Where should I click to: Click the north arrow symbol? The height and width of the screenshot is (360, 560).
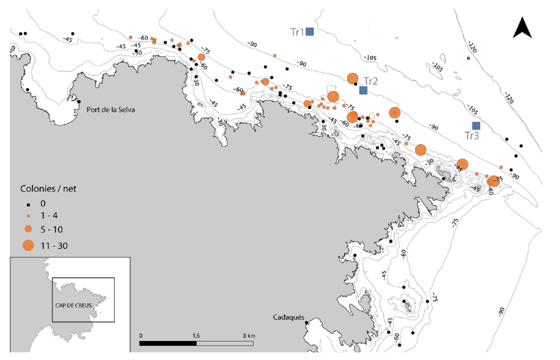(x=522, y=28)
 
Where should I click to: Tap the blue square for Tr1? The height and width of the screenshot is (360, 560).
(x=311, y=32)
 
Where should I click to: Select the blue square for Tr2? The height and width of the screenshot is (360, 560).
(x=363, y=90)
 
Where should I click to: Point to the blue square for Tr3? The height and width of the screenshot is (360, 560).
(x=476, y=125)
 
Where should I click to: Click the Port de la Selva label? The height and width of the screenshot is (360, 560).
(x=111, y=109)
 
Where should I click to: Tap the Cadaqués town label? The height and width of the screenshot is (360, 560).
(x=289, y=317)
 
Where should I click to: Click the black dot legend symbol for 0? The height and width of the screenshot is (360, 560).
(x=28, y=204)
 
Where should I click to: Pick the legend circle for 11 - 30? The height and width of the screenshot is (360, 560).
(x=28, y=245)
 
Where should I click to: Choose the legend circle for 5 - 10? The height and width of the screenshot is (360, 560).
(x=28, y=228)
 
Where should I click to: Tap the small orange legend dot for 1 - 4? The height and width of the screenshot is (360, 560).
(x=28, y=215)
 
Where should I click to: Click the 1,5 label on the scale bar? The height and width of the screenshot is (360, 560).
(x=196, y=335)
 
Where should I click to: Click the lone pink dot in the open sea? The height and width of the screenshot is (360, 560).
(x=468, y=58)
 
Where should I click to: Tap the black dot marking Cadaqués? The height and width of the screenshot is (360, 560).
(x=307, y=323)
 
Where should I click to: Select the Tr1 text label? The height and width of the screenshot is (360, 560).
(x=297, y=32)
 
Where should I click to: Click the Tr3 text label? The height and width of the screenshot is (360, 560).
(x=471, y=135)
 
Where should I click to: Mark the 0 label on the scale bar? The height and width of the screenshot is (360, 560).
(x=140, y=335)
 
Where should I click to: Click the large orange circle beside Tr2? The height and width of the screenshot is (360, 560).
(x=353, y=78)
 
